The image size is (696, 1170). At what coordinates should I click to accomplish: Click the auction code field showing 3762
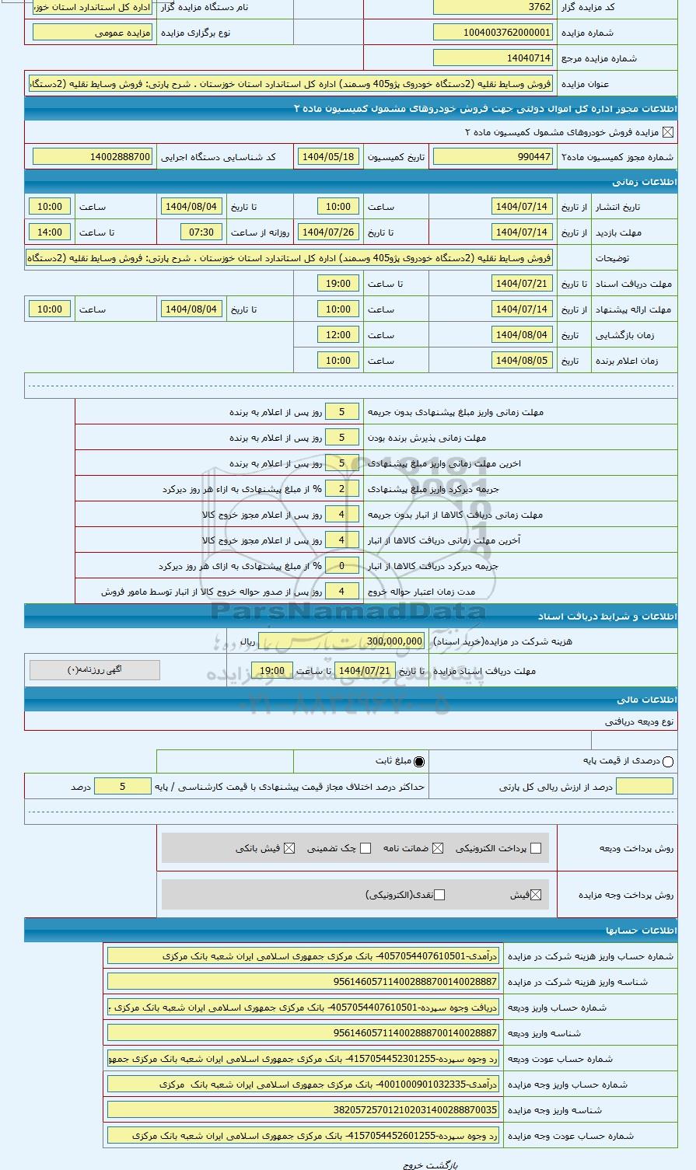(493, 7)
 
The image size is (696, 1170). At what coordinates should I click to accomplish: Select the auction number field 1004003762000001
(493, 33)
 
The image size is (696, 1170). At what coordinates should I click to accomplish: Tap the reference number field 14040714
(493, 58)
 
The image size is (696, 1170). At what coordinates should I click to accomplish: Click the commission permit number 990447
(493, 157)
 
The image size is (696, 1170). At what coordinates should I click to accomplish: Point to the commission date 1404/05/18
(327, 157)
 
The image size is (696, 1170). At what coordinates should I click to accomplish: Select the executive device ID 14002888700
(93, 157)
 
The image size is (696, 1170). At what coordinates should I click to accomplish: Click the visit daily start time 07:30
(201, 232)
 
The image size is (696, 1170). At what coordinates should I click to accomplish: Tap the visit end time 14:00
(50, 232)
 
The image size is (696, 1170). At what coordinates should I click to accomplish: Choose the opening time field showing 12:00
(338, 335)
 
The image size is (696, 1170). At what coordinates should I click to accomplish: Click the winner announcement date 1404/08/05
(523, 361)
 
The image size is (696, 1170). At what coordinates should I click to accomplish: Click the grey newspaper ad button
(95, 669)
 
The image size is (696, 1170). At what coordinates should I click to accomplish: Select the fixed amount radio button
(420, 762)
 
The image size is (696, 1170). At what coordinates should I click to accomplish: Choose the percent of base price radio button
(668, 762)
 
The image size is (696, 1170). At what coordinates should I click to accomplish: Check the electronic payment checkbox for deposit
(535, 848)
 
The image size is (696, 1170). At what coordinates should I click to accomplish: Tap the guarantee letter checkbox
(438, 848)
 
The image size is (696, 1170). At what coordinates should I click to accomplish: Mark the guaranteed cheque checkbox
(365, 848)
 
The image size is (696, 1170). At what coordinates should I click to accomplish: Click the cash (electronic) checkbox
(439, 895)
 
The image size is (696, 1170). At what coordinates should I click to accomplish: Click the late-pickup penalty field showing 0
(341, 566)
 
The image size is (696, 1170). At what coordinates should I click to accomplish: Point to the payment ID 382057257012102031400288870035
(303, 1110)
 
